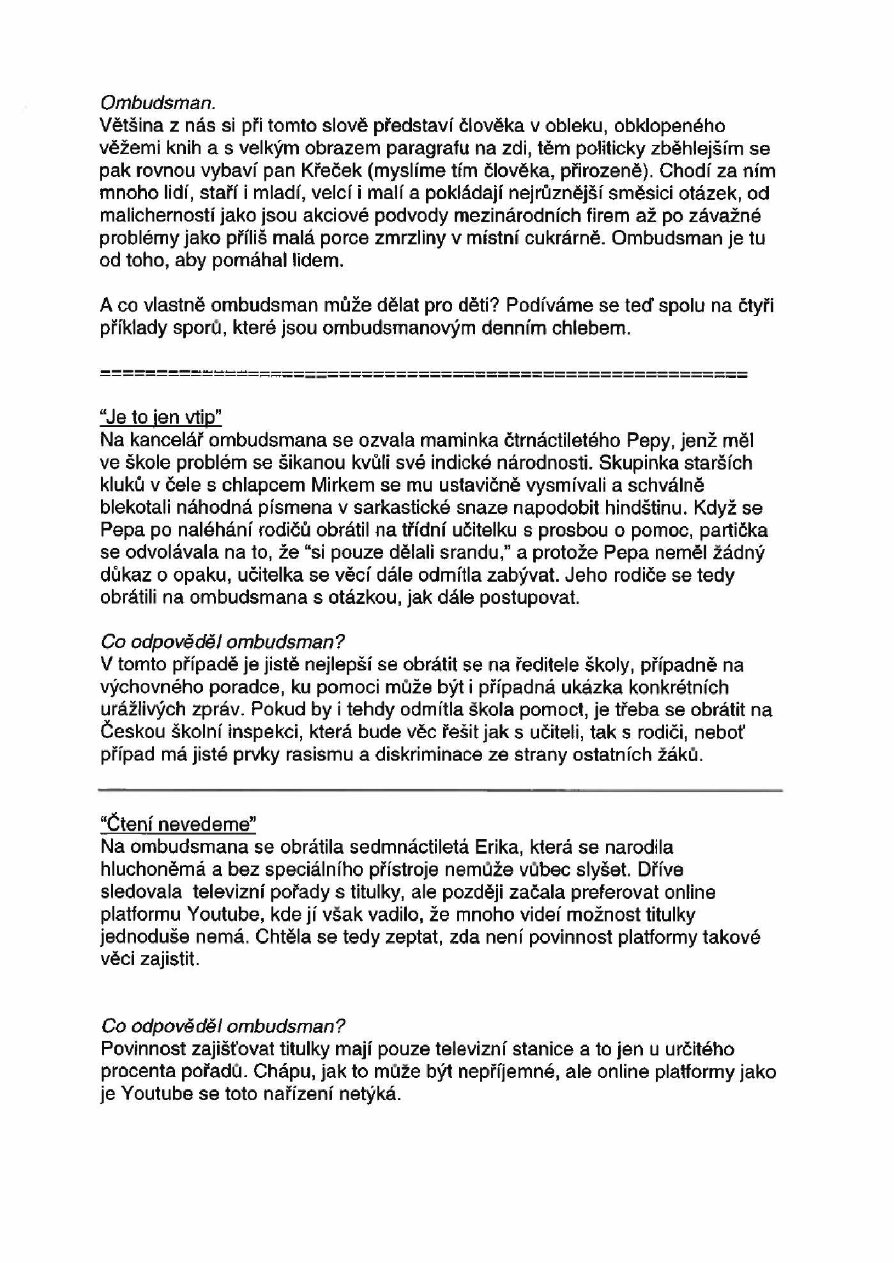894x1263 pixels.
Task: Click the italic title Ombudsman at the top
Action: click(x=158, y=103)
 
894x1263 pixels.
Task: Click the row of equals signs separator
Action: click(x=424, y=374)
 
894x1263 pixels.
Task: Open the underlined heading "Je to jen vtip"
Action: click(x=161, y=418)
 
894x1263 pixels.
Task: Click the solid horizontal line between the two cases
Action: click(x=441, y=790)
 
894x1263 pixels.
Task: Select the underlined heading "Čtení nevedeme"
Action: click(x=178, y=824)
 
